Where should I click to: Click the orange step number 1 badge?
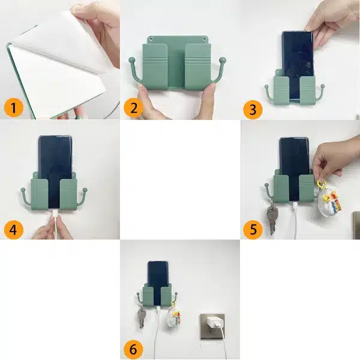click(x=14, y=108)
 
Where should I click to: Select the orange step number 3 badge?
click(x=253, y=109)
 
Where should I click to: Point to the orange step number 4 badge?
click(x=14, y=229)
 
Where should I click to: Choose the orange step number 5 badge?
click(x=253, y=229)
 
